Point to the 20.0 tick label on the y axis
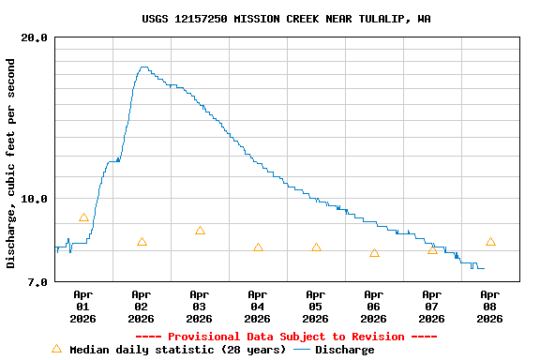35,37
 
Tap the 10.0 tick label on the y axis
35,199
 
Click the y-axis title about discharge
11,163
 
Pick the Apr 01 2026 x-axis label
83,307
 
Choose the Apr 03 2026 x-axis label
200,307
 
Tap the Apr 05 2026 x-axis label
316,307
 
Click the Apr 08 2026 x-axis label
489,307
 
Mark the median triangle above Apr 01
83,217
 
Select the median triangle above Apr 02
142,242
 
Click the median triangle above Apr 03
200,231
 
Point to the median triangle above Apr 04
258,247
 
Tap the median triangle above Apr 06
374,253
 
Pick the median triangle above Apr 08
490,242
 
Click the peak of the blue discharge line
143,67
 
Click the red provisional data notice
286,337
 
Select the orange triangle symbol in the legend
56,349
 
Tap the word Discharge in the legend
344,350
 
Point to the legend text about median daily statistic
177,350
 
